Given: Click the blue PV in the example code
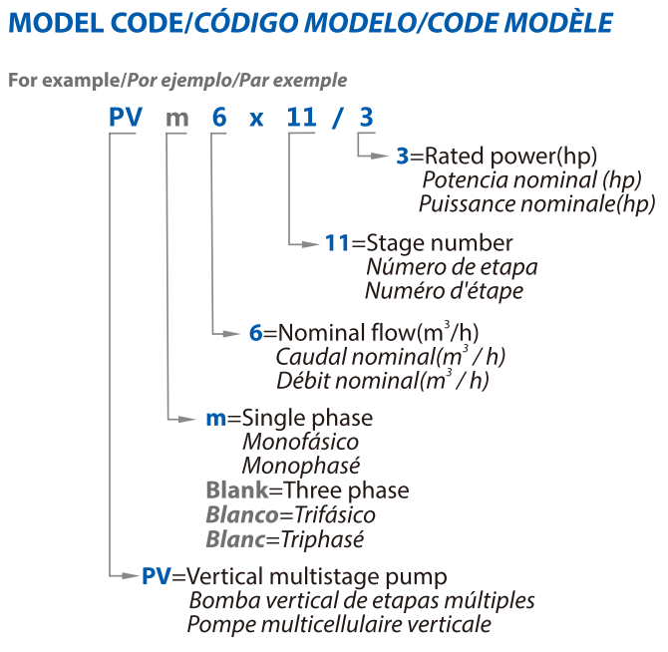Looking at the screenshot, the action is click(x=126, y=117).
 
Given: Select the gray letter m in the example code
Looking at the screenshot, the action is click(x=176, y=119).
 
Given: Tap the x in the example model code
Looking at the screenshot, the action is click(x=256, y=120).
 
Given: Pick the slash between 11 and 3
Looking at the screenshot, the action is click(x=337, y=118).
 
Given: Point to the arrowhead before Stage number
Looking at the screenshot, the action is click(x=310, y=244).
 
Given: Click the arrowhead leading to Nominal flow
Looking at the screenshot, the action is click(x=231, y=334).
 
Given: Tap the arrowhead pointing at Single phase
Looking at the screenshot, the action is click(x=186, y=419).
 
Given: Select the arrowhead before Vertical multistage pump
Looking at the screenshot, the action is click(x=131, y=576).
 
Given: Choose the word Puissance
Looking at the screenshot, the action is click(x=468, y=204).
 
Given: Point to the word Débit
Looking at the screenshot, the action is click(x=303, y=381).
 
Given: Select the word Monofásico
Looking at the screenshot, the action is click(x=301, y=442).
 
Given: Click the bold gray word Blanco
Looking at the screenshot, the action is click(x=242, y=514).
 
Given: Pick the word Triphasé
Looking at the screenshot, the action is click(x=322, y=540).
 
